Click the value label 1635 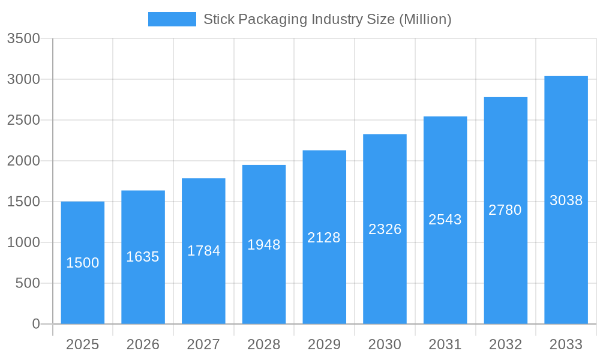pyautogui.click(x=143, y=257)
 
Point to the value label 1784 pyautogui.click(x=203, y=251)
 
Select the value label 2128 pyautogui.click(x=324, y=238)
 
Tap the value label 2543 pyautogui.click(x=445, y=220)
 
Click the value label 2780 pyautogui.click(x=505, y=210)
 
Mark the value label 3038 pyautogui.click(x=566, y=200)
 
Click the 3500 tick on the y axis pyautogui.click(x=23, y=39)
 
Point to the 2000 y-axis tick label pyautogui.click(x=23, y=161)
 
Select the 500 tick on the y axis pyautogui.click(x=28, y=283)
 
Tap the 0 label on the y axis pyautogui.click(x=36, y=324)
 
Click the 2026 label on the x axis pyautogui.click(x=143, y=344)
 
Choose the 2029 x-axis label pyautogui.click(x=324, y=344)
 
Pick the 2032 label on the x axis pyautogui.click(x=505, y=344)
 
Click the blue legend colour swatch pyautogui.click(x=172, y=19)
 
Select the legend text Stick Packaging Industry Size pyautogui.click(x=327, y=19)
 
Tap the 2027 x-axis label pyautogui.click(x=203, y=344)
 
